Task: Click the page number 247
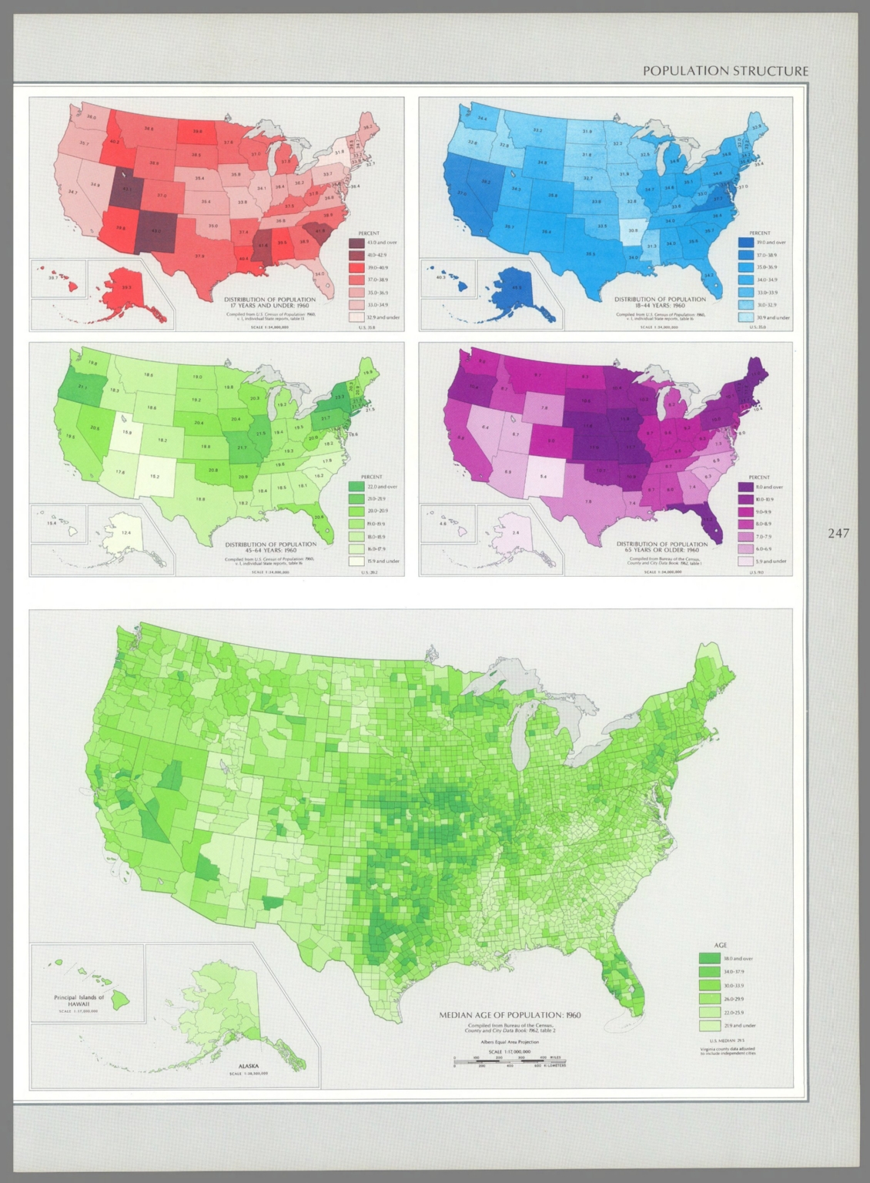point(838,533)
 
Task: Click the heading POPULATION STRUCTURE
point(725,71)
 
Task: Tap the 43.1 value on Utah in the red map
point(127,189)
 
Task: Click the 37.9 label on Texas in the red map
point(199,256)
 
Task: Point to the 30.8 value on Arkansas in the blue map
point(633,230)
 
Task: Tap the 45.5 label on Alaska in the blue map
point(517,288)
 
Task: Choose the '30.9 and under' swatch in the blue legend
point(746,317)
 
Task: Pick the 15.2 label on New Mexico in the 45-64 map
point(155,477)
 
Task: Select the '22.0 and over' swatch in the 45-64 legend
point(356,487)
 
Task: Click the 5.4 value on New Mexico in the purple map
point(544,477)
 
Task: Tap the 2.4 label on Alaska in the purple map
point(516,532)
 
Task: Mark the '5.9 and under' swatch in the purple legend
point(745,561)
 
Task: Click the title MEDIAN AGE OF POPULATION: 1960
point(510,1015)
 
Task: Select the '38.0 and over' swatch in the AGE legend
point(709,959)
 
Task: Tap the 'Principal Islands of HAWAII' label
point(79,1000)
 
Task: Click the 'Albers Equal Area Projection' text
point(510,1042)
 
